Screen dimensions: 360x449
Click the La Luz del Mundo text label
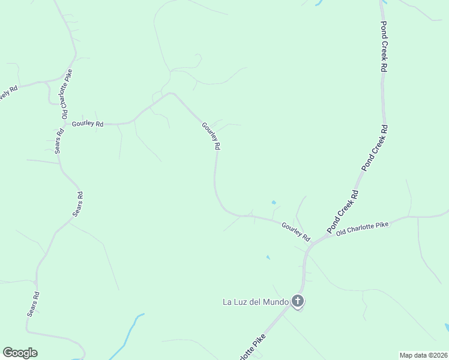256,301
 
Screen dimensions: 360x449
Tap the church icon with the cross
298,301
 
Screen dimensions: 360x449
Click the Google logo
20,353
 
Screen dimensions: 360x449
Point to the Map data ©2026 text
423,355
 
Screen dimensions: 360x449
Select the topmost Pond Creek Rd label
384,47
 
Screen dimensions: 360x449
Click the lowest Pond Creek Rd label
343,212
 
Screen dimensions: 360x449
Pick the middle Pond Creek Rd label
375,147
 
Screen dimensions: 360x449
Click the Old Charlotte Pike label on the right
362,229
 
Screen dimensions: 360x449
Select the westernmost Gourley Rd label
88,124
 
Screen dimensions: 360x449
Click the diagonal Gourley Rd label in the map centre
211,136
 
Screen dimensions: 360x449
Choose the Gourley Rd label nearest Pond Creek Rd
295,231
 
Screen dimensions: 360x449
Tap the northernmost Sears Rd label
59,142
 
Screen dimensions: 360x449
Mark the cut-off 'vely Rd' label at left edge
8,94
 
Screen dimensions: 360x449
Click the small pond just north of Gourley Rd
274,202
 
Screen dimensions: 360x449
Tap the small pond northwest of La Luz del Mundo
268,257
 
